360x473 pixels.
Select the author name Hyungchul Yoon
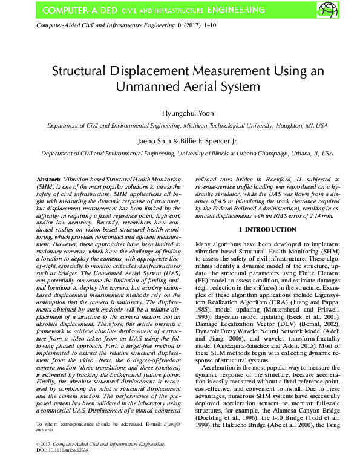point(180,113)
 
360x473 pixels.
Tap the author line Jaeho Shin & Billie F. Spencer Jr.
point(180,141)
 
